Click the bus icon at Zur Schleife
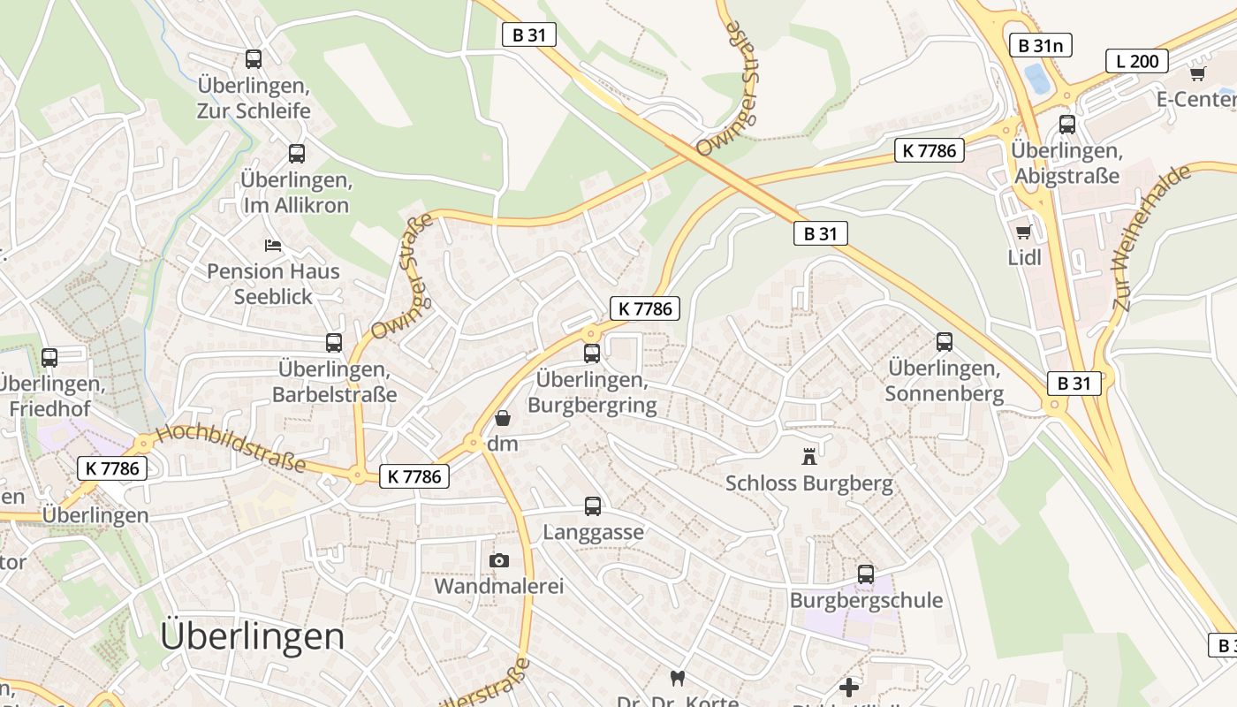254,59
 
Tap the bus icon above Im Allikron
297,154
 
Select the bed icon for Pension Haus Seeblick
273,245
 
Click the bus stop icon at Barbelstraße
334,343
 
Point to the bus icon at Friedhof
49,358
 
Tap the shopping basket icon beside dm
503,418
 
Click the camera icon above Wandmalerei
499,560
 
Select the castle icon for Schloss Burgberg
808,457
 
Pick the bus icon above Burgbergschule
866,574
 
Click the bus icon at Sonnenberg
945,342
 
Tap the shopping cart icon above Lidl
1024,232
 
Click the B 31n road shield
1041,45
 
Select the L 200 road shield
1137,61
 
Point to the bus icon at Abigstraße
1067,125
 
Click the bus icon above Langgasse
593,506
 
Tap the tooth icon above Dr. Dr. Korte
678,678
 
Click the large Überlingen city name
253,636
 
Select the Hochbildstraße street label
231,449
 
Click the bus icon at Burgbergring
592,353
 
